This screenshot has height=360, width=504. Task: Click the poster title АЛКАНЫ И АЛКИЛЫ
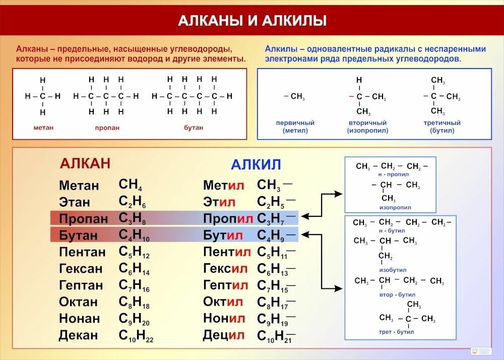pos(252,21)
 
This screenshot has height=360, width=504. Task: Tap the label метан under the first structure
pos(43,128)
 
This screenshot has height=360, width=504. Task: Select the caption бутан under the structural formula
pos(194,128)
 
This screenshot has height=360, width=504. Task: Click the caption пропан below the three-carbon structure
pos(107,128)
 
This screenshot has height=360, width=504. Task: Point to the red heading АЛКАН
pos(85,163)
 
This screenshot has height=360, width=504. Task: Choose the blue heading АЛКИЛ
pos(256,165)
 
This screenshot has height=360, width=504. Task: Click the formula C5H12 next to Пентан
pos(134,252)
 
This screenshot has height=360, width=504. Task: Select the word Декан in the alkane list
pos(79,335)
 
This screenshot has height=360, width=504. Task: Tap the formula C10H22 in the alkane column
pos(136,335)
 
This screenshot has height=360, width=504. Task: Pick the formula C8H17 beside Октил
pos(276,302)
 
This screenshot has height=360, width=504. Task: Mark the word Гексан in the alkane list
pos(81,269)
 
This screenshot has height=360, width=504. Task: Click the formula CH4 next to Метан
pos(130,185)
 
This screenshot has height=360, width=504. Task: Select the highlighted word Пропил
pos(228,219)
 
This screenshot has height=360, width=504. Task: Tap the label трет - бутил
pos(397,332)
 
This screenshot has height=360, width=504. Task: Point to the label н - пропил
pos(393,174)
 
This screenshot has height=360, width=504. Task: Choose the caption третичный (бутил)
pos(442,127)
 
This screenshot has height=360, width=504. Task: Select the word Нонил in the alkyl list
pos(224,319)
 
